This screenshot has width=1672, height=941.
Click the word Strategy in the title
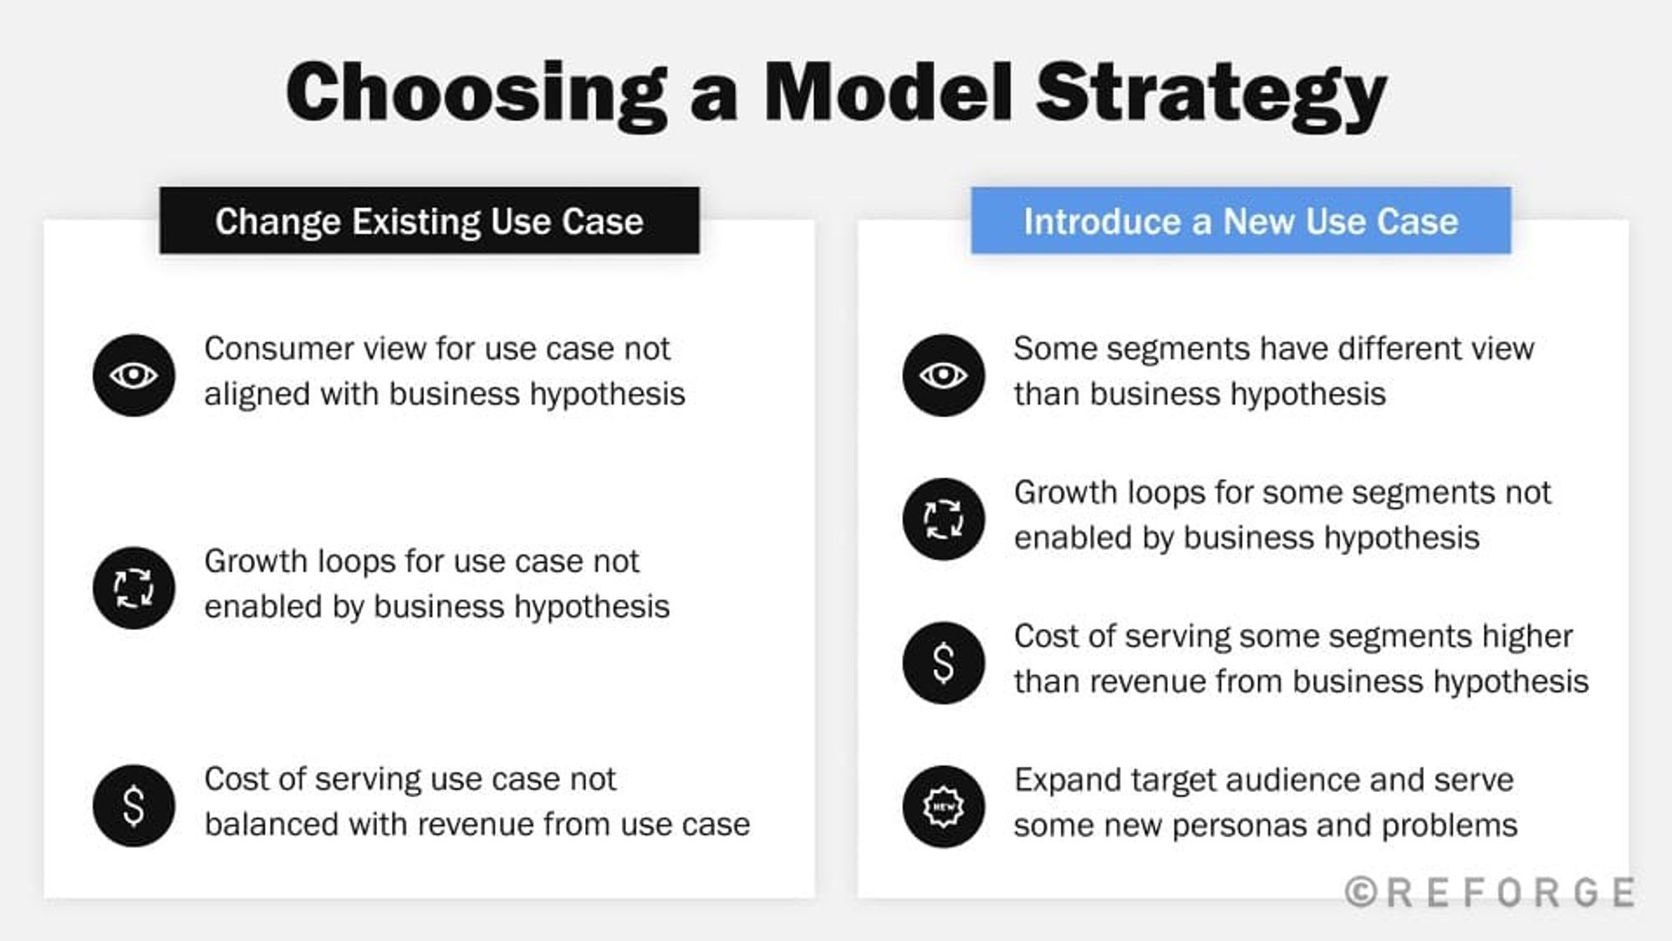pos(1211,94)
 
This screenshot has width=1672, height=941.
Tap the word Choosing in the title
pos(477,94)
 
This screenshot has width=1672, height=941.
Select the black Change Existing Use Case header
pos(429,222)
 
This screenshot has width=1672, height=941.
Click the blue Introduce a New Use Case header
pos(1241,222)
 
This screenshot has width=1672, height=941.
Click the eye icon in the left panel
pos(134,375)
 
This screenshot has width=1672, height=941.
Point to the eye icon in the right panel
pos(944,375)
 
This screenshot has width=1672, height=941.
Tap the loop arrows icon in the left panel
pos(134,587)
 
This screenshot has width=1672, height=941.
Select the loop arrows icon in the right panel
pos(944,519)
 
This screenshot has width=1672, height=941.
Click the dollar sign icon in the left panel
pos(134,805)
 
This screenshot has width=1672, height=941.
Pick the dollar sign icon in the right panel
pos(944,662)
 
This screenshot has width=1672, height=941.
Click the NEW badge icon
pos(944,806)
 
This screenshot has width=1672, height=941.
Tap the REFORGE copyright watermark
pos(1491,892)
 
